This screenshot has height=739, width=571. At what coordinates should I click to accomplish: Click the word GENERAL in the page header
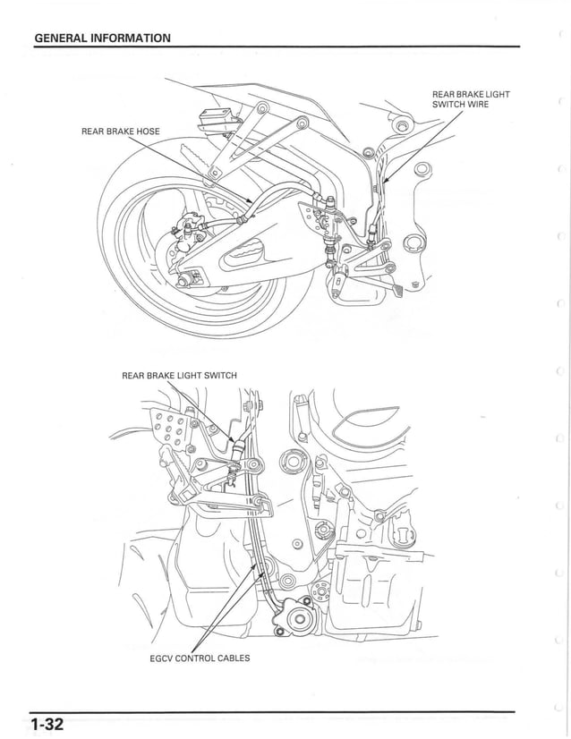[62, 38]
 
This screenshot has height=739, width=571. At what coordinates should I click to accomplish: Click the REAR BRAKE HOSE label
[121, 132]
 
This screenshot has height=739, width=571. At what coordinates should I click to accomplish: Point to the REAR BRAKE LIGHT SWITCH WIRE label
[471, 98]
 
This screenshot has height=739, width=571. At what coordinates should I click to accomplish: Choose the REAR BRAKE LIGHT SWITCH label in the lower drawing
[179, 375]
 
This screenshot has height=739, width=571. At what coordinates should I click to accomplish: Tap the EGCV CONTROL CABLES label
[200, 658]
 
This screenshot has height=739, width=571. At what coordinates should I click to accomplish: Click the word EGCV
[164, 658]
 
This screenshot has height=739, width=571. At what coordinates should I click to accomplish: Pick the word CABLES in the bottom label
[232, 658]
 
